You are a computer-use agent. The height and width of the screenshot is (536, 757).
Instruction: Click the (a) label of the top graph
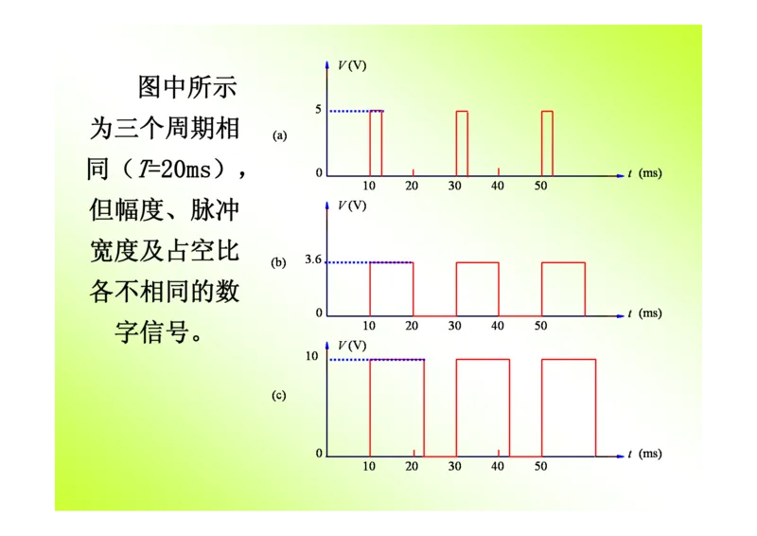[x=279, y=135]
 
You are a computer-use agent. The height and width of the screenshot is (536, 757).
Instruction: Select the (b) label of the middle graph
[x=279, y=263]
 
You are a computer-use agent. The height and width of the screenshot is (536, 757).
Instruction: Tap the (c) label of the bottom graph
[x=279, y=396]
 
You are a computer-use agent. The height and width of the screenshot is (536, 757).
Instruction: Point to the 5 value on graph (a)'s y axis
[x=319, y=111]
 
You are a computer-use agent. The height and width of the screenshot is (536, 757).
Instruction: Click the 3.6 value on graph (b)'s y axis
[x=314, y=261]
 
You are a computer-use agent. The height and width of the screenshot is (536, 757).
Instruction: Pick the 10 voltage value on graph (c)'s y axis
[x=312, y=357]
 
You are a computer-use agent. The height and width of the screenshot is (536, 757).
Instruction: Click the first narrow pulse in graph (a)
[x=376, y=143]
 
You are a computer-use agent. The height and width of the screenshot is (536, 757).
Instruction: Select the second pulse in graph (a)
[x=462, y=143]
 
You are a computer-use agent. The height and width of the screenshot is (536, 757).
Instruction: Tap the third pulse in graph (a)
[x=547, y=143]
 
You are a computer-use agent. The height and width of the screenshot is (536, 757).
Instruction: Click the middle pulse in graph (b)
[x=477, y=288]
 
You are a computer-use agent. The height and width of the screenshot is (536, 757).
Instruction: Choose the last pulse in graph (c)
[x=569, y=407]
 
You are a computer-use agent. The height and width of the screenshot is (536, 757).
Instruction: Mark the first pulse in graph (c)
[x=396, y=407]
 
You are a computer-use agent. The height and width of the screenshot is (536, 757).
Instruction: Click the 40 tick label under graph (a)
[x=498, y=186]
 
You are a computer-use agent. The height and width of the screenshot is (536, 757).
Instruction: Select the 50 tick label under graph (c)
[x=541, y=466]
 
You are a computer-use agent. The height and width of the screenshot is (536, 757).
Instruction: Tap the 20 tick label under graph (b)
[x=412, y=326]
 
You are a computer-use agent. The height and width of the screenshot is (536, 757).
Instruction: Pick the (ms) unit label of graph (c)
[x=650, y=454]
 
